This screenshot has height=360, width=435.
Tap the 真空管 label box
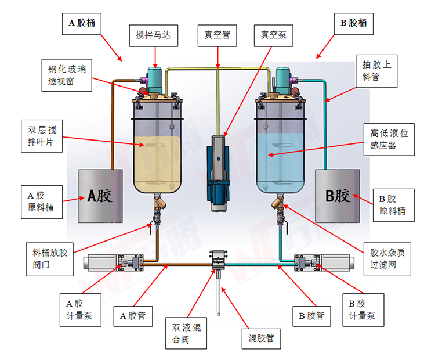pyautogui.click(x=217, y=35)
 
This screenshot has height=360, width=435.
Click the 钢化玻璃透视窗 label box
pyautogui.click(x=67, y=75)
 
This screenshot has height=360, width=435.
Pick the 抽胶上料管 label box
pyautogui.click(x=377, y=71)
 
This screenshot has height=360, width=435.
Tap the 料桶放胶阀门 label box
pyautogui.click(x=53, y=259)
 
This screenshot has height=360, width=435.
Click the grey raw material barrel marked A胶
pyautogui.click(x=100, y=196)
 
